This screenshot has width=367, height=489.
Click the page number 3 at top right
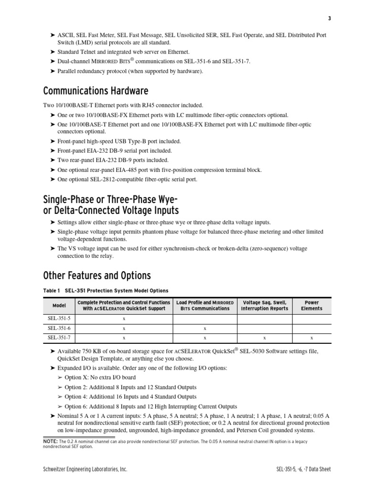329,18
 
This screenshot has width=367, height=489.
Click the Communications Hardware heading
96,91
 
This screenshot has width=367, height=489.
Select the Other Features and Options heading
97,276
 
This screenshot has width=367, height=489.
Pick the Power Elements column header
312,306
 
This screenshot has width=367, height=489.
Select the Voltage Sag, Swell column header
265,306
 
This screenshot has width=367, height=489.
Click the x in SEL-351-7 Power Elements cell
312,338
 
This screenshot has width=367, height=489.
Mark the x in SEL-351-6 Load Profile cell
205,328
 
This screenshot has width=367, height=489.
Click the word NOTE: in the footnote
51,442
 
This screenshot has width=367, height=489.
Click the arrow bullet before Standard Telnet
53,52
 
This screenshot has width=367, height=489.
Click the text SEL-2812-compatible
121,180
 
